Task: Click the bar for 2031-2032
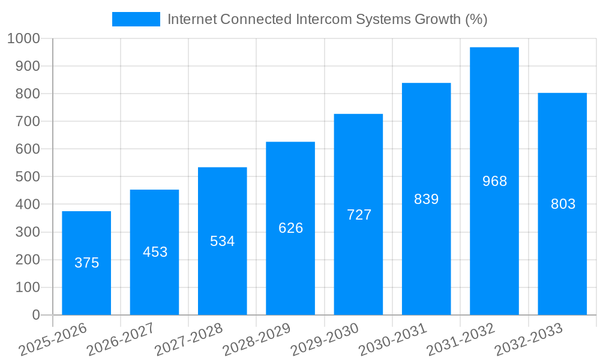pos(494,181)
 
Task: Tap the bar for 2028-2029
pos(290,228)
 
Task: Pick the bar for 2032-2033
pos(562,204)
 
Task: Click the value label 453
pos(155,252)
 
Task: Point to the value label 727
pos(359,215)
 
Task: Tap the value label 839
pos(427,199)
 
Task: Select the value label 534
pos(223,241)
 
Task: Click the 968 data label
pos(494,181)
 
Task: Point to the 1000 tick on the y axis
pos(23,38)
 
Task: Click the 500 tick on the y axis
pos(28,177)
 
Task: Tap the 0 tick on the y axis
pos(35,315)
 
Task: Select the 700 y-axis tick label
pos(28,122)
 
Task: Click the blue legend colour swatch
pos(136,19)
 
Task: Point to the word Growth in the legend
pos(439,19)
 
